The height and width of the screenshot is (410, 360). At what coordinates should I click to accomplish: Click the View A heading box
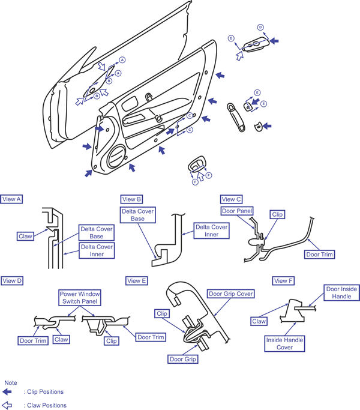(x=11, y=199)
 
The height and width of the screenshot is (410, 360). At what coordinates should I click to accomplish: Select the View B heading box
(x=131, y=199)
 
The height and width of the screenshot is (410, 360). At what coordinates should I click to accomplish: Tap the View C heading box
(x=232, y=199)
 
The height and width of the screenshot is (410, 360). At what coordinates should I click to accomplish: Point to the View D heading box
(x=12, y=281)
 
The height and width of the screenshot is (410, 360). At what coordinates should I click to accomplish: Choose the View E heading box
(x=137, y=281)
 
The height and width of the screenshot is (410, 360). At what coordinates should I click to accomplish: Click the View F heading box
(x=283, y=281)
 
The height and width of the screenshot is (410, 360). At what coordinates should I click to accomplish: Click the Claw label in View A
(x=25, y=236)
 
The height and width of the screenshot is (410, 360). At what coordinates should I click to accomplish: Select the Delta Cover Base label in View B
(x=138, y=215)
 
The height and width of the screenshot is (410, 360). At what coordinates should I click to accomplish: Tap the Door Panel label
(x=237, y=211)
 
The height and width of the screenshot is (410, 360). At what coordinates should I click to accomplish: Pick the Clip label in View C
(x=277, y=214)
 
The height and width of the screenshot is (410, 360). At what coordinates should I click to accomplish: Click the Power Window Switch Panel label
(x=80, y=298)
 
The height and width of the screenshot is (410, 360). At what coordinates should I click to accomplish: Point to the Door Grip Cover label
(x=231, y=294)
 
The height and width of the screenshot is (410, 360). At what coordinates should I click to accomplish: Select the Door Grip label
(x=183, y=359)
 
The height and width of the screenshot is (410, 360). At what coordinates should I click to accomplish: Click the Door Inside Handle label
(x=341, y=292)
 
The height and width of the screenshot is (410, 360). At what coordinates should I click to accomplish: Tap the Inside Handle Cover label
(x=284, y=343)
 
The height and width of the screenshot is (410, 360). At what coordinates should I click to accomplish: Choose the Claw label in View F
(x=259, y=321)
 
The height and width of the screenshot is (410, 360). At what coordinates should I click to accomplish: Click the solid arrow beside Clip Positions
(x=7, y=392)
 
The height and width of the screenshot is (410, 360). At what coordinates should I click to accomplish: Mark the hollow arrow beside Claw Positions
(x=7, y=405)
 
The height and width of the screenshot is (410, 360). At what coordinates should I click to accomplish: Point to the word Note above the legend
(x=11, y=383)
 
